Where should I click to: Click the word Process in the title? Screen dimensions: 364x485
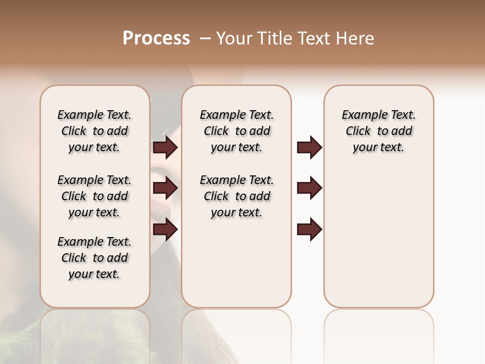(x=156, y=38)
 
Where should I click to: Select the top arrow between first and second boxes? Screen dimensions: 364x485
(x=165, y=148)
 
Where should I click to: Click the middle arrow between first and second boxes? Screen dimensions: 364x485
(x=165, y=188)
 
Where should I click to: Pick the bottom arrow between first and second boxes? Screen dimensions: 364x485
(x=165, y=230)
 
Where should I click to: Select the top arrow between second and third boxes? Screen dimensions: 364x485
(x=309, y=148)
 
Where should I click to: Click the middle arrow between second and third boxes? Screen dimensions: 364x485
(x=309, y=188)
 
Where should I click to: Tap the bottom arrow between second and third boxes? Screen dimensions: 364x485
(x=309, y=230)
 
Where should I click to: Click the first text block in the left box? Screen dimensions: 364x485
(x=94, y=131)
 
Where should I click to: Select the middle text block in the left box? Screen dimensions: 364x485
(x=94, y=196)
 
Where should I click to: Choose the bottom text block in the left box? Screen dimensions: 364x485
(x=94, y=258)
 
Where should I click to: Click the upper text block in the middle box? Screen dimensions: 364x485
(x=236, y=131)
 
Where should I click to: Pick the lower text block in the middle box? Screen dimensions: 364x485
(x=236, y=196)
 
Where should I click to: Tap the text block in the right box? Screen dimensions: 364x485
(x=378, y=131)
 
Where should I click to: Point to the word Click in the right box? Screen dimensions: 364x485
(x=358, y=131)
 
